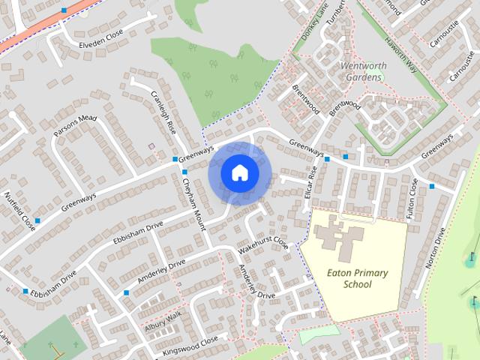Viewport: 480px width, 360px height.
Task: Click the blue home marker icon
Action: click(x=239, y=173)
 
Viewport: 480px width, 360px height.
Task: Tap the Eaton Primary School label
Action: click(x=357, y=278)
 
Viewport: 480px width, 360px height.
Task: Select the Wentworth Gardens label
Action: click(x=364, y=70)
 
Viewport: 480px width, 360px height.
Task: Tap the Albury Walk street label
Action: click(x=163, y=323)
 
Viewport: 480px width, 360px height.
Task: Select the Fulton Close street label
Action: click(x=412, y=199)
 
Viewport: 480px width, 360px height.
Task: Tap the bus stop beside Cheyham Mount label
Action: click(x=184, y=172)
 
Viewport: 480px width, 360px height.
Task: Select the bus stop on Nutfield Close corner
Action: click(x=37, y=220)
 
